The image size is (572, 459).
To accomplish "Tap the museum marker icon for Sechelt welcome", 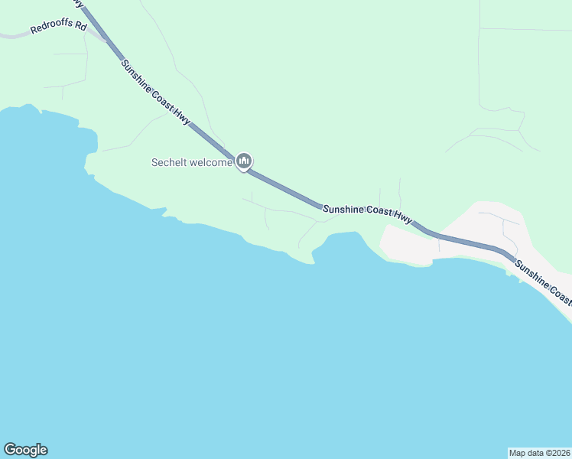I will coord(245,161).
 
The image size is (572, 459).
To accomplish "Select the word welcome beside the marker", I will coord(212,162).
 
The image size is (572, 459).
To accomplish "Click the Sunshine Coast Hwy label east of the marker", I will coord(367,213).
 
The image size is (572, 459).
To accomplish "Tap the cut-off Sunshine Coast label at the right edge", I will coord(543,282).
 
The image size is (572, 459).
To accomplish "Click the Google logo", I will coord(25,450).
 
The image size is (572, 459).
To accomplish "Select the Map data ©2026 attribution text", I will coord(539,452).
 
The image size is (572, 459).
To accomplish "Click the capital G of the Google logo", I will coord(9,450).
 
